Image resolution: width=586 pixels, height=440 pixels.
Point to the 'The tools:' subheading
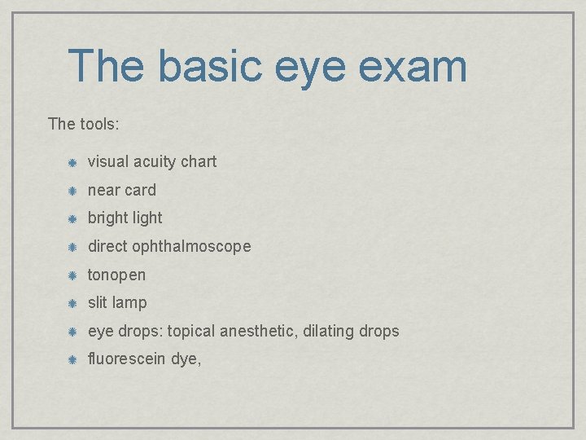point(84,124)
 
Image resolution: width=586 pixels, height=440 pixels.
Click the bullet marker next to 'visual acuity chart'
point(72,162)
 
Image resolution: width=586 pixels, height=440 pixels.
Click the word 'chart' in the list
point(199,161)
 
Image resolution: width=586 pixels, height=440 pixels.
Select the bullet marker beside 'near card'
point(72,191)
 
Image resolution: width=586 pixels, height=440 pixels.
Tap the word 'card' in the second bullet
point(140,190)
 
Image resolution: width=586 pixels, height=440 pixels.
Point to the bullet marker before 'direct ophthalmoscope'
point(72,247)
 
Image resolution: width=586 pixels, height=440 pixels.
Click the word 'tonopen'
point(116,275)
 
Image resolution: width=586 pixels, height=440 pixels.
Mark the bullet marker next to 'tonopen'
point(72,275)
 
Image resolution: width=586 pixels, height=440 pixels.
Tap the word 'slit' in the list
point(97,302)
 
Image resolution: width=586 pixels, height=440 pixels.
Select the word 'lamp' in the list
point(129,303)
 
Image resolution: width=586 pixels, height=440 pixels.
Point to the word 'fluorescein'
point(127,359)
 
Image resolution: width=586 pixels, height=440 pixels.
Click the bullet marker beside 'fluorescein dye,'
point(72,359)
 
